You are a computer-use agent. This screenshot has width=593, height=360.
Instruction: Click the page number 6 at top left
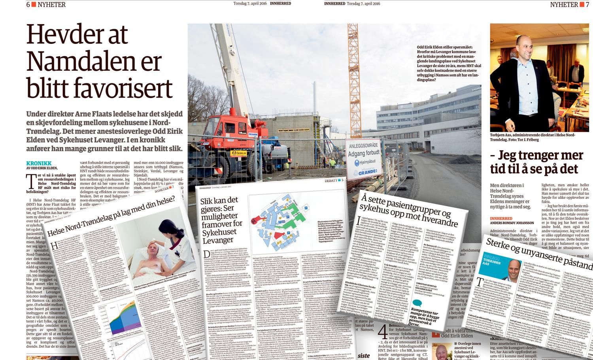coord(28,4)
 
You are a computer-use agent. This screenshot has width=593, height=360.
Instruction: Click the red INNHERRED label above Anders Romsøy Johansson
coord(502,218)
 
